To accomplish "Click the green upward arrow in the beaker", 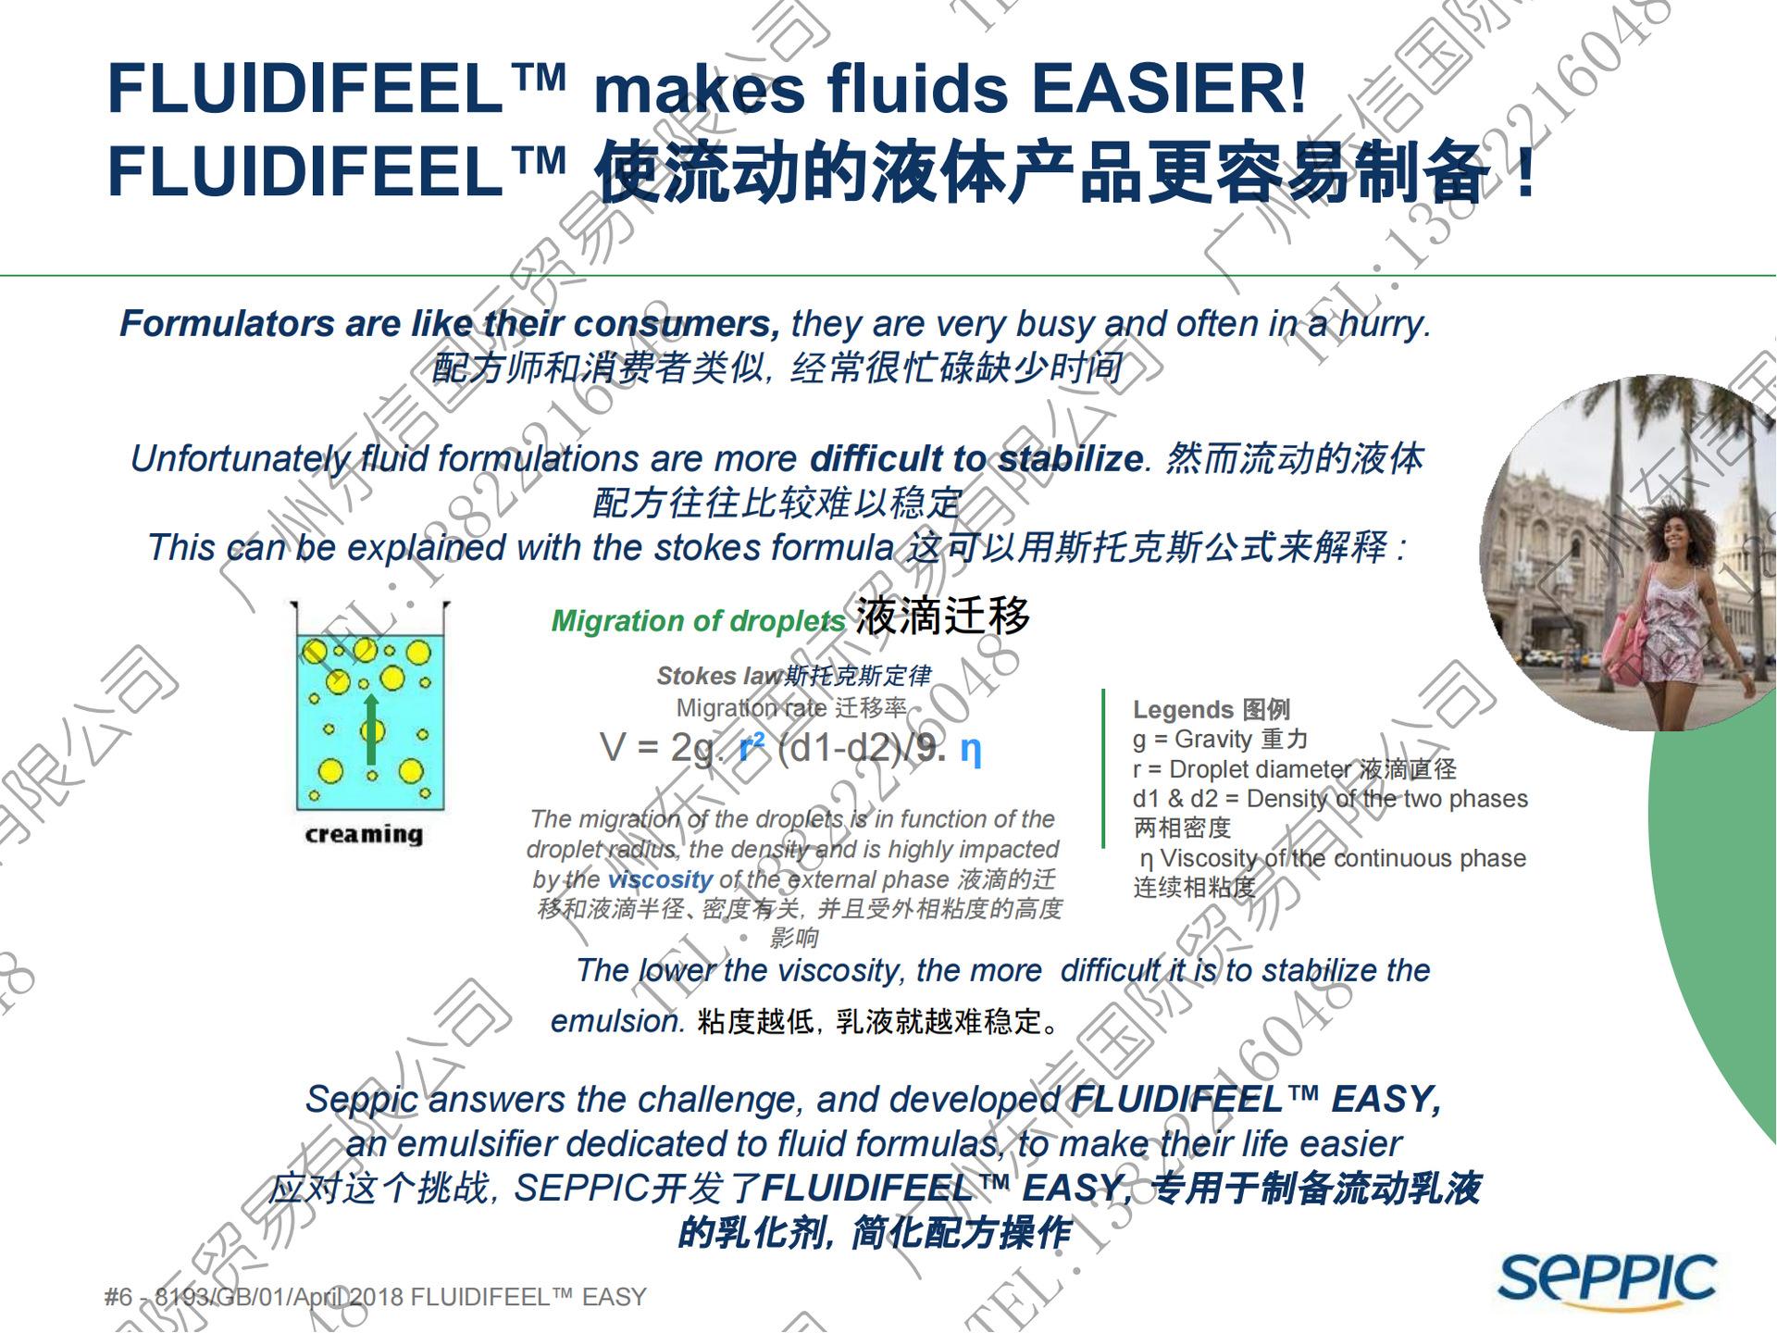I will click(371, 730).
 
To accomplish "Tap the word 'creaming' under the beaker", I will click(364, 834).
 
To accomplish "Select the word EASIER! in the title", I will click(1169, 89).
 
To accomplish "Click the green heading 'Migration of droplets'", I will click(698, 621).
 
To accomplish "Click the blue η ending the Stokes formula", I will click(970, 748).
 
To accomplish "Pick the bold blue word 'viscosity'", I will click(660, 879).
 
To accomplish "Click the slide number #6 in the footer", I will click(118, 1298).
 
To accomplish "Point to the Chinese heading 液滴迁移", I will click(942, 617).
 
